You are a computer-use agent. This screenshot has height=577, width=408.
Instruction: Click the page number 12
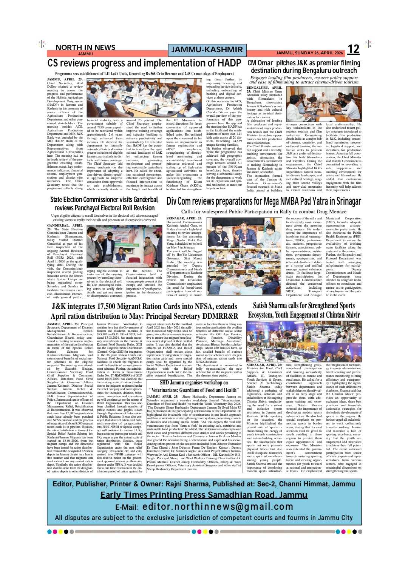[x=353, y=49]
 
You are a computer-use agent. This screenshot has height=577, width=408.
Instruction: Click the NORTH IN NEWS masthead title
[x=85, y=47]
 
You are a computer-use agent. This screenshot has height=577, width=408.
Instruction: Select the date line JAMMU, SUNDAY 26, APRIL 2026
[x=309, y=53]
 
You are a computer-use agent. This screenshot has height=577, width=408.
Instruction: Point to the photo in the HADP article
[x=144, y=98]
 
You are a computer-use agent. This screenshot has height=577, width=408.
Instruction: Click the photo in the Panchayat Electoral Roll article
[x=125, y=246]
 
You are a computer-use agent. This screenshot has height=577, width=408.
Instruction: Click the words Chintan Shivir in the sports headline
[x=333, y=315]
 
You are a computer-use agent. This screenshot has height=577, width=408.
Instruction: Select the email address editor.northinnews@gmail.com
[x=218, y=507]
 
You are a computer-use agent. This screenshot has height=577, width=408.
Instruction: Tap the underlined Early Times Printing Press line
[x=204, y=495]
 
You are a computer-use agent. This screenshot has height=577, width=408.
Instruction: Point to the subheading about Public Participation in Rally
[x=264, y=211]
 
